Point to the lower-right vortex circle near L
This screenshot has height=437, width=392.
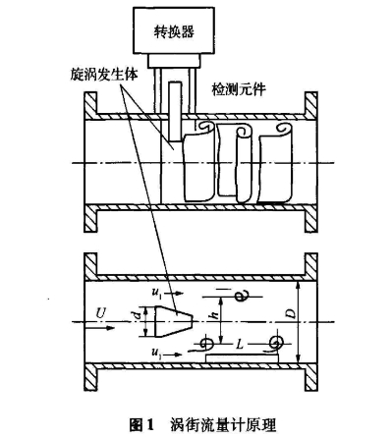pyautogui.click(x=277, y=343)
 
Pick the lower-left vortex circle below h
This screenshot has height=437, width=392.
pyautogui.click(x=207, y=343)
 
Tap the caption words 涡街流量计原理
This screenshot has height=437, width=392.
pyautogui.click(x=222, y=423)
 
